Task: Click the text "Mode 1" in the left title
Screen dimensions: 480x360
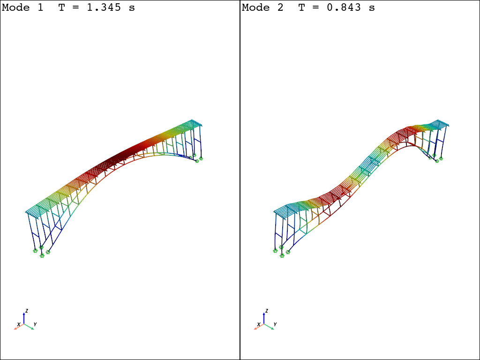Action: point(22,7)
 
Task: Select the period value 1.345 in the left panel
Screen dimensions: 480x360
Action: point(104,7)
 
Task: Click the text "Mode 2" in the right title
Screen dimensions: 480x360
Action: point(262,7)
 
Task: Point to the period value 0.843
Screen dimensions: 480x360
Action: point(344,7)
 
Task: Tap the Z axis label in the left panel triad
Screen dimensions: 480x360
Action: point(27,311)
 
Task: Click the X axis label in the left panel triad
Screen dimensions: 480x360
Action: point(19,324)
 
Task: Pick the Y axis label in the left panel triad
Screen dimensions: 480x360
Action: point(35,324)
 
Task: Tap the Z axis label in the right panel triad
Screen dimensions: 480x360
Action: point(267,311)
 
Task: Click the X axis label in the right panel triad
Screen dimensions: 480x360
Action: point(259,324)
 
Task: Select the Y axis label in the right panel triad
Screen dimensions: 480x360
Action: point(275,324)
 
